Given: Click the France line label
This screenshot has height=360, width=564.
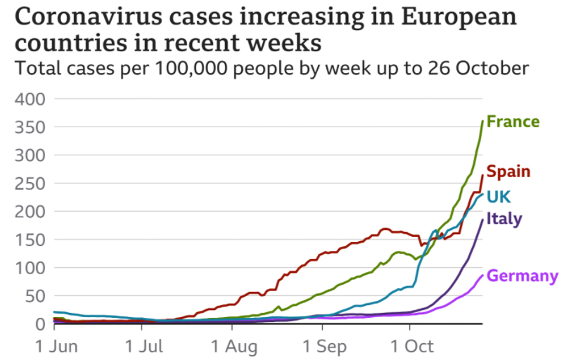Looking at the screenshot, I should click(513, 122).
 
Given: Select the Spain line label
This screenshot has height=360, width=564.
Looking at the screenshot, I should click(508, 172).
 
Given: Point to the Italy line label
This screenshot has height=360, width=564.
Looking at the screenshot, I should click(504, 219).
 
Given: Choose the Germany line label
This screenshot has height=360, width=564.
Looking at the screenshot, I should click(523, 276).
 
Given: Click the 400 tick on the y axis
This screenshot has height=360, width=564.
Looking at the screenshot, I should click(30, 99).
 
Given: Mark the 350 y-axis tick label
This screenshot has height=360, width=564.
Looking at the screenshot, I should click(30, 127).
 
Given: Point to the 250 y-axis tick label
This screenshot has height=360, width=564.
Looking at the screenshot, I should click(30, 184).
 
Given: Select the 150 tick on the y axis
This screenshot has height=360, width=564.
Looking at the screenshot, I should click(30, 240).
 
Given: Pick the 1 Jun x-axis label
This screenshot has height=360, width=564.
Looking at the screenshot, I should click(55, 347).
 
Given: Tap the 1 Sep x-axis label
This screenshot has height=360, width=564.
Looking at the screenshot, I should click(323, 347).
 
